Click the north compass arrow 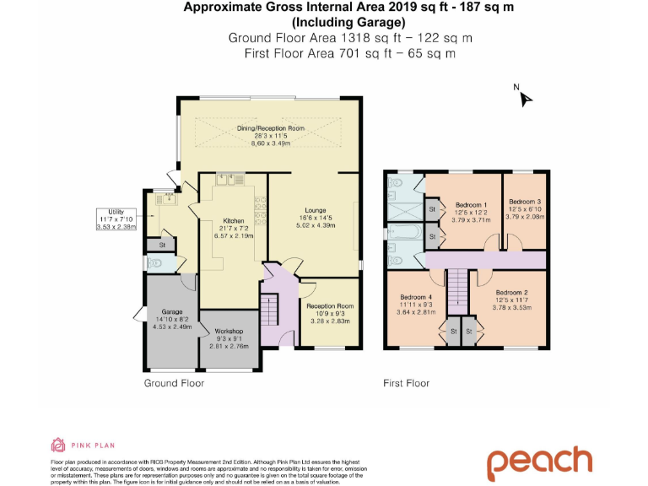coord(526,99)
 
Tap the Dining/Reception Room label coord(270,128)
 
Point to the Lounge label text coord(316,210)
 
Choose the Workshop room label coord(229,331)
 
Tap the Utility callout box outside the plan coord(116,219)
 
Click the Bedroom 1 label coord(472,205)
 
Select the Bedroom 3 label coord(525,202)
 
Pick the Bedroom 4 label coord(415,297)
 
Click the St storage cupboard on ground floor coord(162,244)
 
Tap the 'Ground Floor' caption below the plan coord(174,383)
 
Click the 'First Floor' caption coord(406,383)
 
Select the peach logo coord(539,460)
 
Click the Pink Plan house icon coord(58,445)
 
